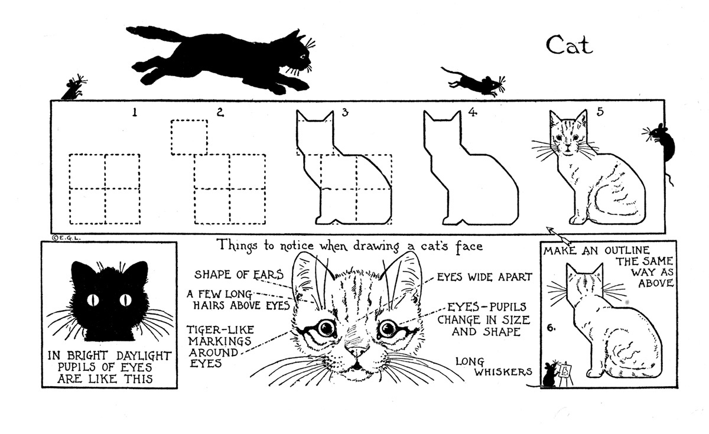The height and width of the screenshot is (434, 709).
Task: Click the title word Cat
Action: (x=568, y=45)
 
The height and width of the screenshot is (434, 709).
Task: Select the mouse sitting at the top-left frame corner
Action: (x=74, y=89)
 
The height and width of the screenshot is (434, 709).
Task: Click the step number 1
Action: (x=135, y=112)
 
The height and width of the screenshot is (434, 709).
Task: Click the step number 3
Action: (x=345, y=112)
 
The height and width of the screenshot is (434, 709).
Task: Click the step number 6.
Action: (x=550, y=326)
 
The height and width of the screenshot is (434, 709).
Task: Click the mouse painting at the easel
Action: (x=549, y=374)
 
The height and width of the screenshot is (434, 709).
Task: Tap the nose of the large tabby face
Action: (x=356, y=353)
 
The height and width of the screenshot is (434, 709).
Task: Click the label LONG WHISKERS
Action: (x=495, y=366)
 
